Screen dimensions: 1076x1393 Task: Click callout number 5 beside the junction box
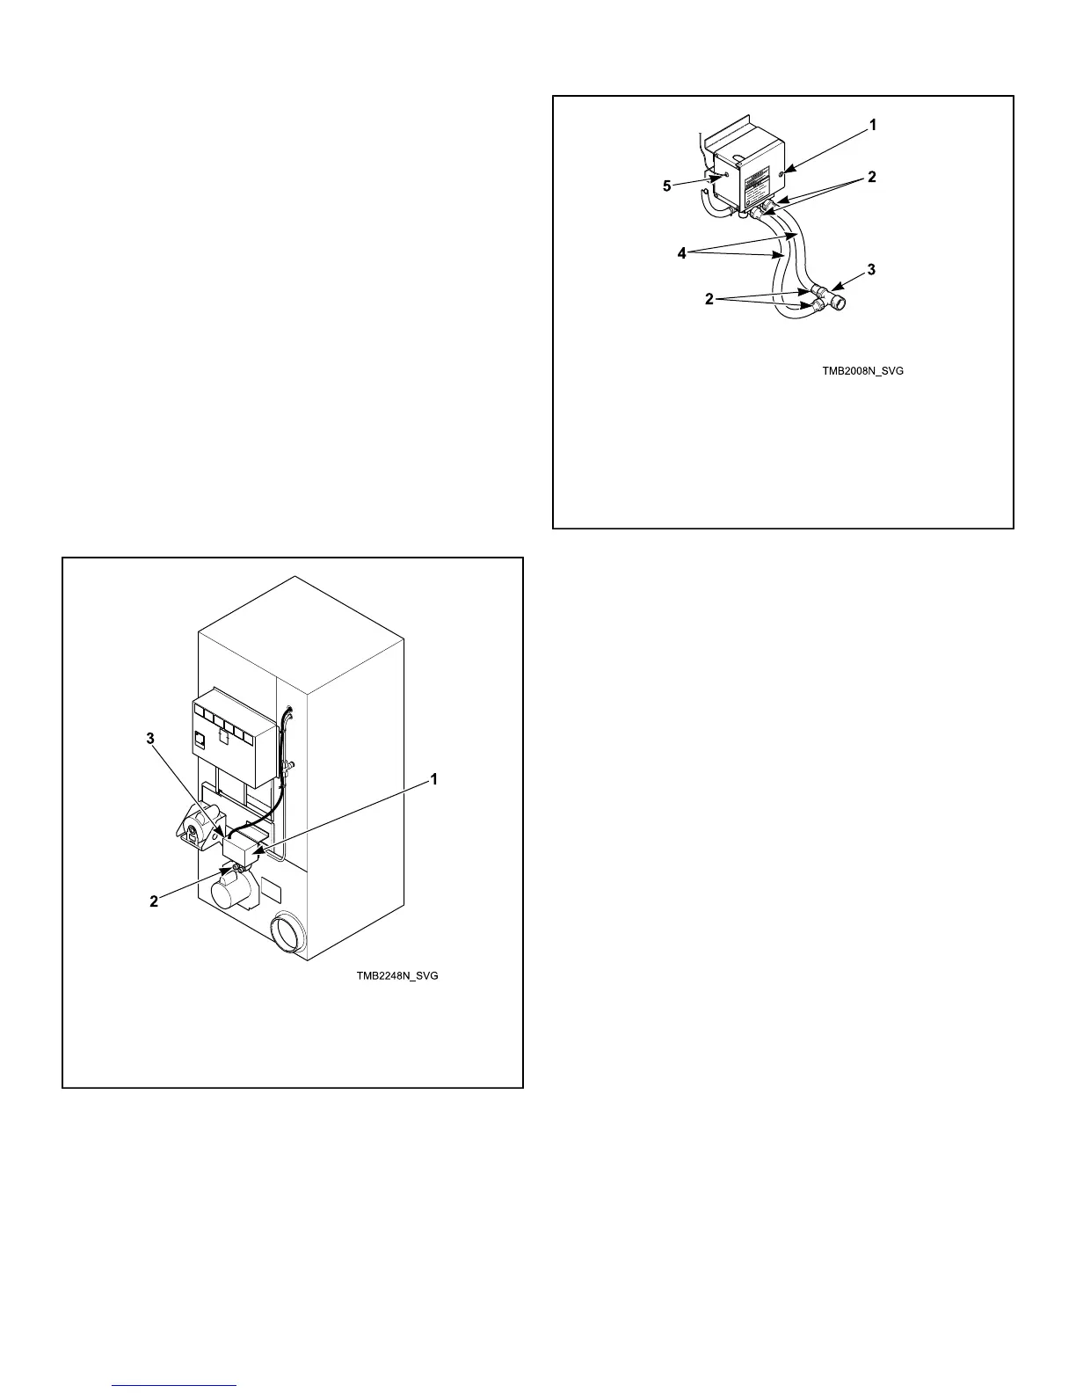pos(667,186)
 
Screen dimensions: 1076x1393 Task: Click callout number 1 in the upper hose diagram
pos(873,126)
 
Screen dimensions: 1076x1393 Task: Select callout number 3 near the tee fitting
pos(871,270)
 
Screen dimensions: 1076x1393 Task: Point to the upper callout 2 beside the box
pos(871,177)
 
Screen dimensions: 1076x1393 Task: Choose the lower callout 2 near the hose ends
pos(709,299)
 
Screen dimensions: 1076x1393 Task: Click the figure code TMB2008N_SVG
pos(862,371)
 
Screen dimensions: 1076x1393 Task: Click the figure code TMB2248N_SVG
pos(396,976)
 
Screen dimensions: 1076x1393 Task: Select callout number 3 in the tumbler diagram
pos(150,739)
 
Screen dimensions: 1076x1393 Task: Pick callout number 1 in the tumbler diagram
pos(433,779)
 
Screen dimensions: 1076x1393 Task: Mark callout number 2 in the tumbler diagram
pos(154,901)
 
